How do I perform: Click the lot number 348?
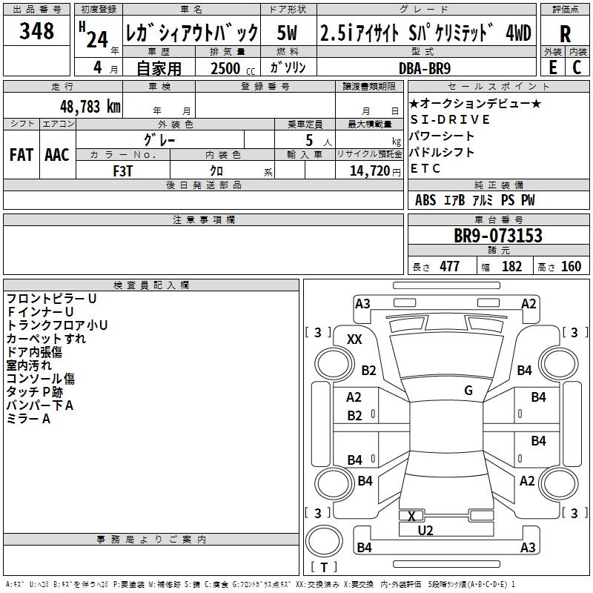click(x=37, y=31)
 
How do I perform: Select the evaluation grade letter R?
click(x=565, y=35)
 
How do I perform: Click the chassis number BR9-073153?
click(x=497, y=236)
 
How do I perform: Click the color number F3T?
click(x=122, y=170)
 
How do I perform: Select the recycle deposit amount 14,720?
click(x=368, y=170)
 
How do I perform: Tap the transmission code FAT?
click(x=21, y=155)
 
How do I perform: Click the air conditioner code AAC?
click(x=57, y=155)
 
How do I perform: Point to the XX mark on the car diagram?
click(x=354, y=339)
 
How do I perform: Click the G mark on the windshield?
click(x=468, y=391)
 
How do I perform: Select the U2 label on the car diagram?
click(x=425, y=531)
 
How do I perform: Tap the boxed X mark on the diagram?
click(x=411, y=516)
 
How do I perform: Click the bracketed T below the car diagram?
click(x=323, y=568)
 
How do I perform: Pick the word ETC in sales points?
click(x=425, y=168)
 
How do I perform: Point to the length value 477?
click(x=449, y=267)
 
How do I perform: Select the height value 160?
click(x=571, y=267)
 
